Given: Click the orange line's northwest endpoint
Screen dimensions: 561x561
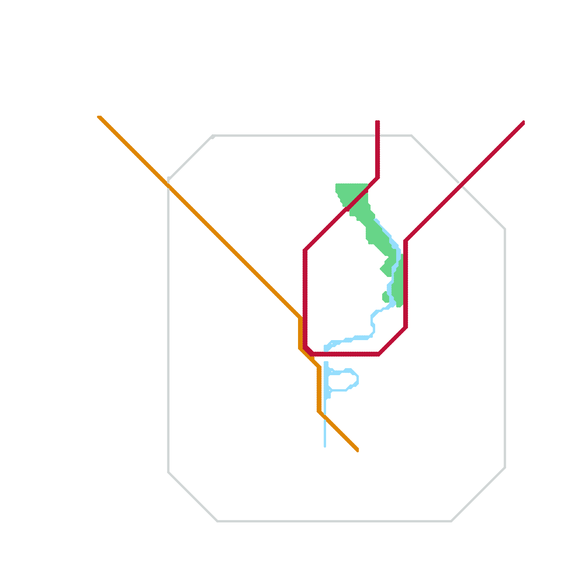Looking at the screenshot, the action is pyautogui.click(x=99, y=117).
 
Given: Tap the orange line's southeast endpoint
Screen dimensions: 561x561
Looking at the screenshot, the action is pyautogui.click(x=357, y=450).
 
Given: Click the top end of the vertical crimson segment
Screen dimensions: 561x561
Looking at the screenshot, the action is pyautogui.click(x=378, y=122).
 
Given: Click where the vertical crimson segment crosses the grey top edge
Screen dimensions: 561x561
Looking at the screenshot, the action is pyautogui.click(x=378, y=135).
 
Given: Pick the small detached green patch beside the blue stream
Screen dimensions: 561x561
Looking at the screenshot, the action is pyautogui.click(x=385, y=297).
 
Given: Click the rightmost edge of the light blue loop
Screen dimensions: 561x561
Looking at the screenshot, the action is pyautogui.click(x=357, y=380).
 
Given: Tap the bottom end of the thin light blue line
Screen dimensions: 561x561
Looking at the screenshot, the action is pyautogui.click(x=325, y=446).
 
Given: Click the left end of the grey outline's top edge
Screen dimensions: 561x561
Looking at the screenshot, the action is pyautogui.click(x=213, y=136).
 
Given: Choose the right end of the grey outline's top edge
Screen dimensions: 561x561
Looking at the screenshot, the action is pyautogui.click(x=411, y=136).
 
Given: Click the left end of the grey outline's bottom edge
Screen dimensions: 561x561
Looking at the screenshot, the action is pyautogui.click(x=217, y=521).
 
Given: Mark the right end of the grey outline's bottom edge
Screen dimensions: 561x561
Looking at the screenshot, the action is pyautogui.click(x=451, y=521).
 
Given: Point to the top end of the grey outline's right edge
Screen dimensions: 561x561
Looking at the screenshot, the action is pyautogui.click(x=505, y=229).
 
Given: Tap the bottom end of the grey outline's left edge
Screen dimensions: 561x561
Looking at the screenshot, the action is pyautogui.click(x=169, y=472).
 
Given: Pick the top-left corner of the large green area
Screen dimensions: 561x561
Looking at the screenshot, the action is pyautogui.click(x=337, y=185).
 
